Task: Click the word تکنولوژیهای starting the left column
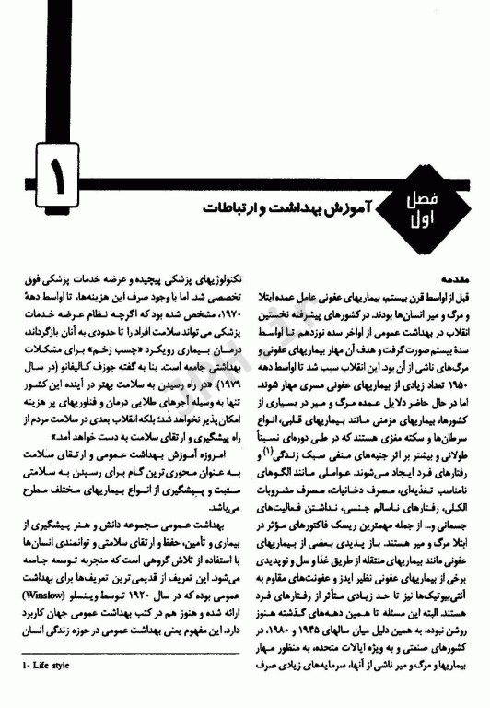216,276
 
